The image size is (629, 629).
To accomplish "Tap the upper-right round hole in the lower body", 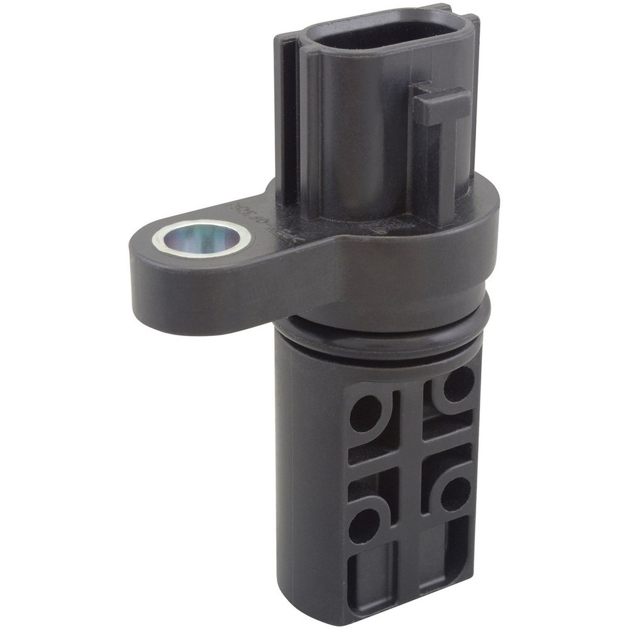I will (x=459, y=384).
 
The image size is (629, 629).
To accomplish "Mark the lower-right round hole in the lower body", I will (x=455, y=494).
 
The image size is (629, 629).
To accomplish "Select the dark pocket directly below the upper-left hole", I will (x=371, y=452).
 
